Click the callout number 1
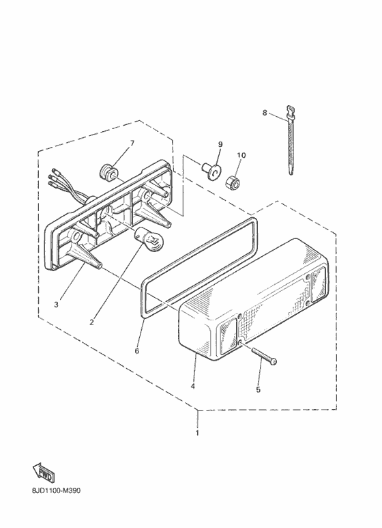(x=197, y=432)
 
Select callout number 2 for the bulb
(x=92, y=322)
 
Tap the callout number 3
(x=56, y=305)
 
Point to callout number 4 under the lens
(x=192, y=386)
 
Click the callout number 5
(x=259, y=389)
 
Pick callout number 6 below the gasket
(x=137, y=351)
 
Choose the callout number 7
(x=132, y=143)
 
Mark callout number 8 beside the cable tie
(x=265, y=113)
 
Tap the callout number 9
(x=220, y=144)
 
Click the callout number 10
(x=241, y=155)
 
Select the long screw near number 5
(x=263, y=355)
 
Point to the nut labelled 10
(x=233, y=182)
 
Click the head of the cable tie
(x=291, y=111)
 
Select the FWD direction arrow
(x=43, y=473)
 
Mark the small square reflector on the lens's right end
(x=318, y=284)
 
